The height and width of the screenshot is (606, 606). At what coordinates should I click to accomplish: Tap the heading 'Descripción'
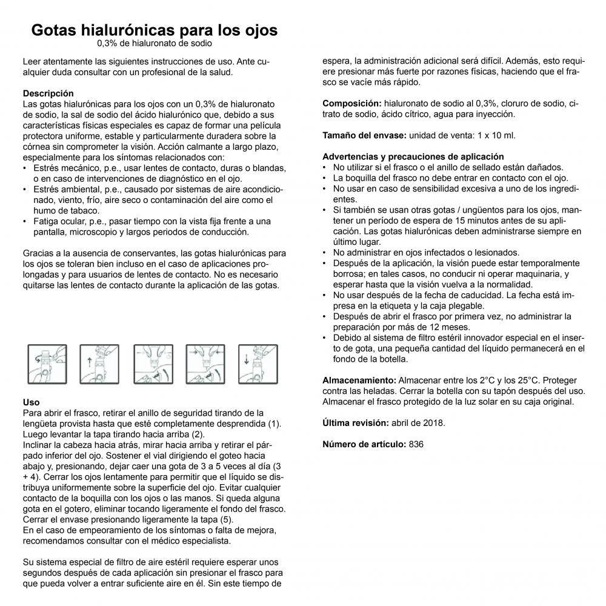click(x=48, y=93)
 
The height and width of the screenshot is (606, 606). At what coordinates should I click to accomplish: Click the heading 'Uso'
click(x=31, y=402)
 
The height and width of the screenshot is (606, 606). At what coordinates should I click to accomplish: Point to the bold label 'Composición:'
click(x=351, y=104)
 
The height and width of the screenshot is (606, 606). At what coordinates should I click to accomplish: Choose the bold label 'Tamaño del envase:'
click(x=364, y=135)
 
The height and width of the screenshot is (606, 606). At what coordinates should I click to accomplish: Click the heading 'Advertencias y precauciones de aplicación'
click(x=413, y=156)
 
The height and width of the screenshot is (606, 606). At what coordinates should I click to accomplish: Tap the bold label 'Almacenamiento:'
click(x=359, y=380)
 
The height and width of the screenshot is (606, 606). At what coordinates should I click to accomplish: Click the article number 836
click(x=416, y=444)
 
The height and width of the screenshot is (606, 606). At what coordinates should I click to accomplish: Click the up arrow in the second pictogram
click(x=90, y=362)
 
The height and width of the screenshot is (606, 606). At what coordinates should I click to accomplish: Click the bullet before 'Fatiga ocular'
click(x=24, y=221)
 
